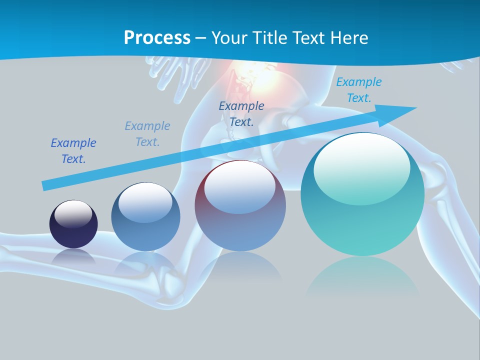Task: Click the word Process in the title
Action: click(x=157, y=37)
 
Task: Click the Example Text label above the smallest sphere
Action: click(x=73, y=150)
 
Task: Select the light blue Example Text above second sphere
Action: click(x=147, y=133)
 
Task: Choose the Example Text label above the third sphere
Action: click(x=241, y=113)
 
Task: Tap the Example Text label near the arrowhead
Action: click(x=358, y=89)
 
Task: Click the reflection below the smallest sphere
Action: click(x=73, y=256)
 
